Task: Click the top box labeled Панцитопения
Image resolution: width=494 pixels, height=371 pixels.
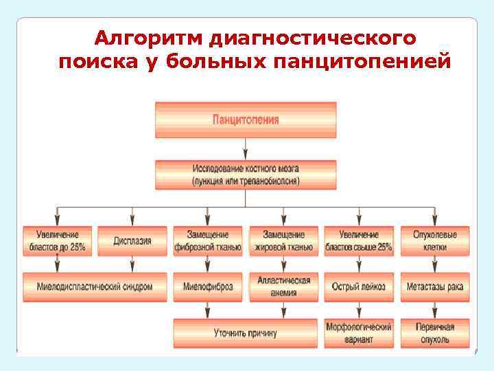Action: pyautogui.click(x=246, y=120)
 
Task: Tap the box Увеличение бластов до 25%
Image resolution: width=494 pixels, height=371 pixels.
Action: pyautogui.click(x=58, y=241)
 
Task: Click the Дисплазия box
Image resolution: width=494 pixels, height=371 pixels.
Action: pyautogui.click(x=132, y=241)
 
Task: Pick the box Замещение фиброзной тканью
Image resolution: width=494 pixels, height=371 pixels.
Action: pyautogui.click(x=208, y=241)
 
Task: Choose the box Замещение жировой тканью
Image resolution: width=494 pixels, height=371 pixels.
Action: pyautogui.click(x=283, y=241)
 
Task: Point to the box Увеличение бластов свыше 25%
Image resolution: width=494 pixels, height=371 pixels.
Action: pyautogui.click(x=358, y=241)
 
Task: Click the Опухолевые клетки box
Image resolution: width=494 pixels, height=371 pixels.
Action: pyautogui.click(x=435, y=241)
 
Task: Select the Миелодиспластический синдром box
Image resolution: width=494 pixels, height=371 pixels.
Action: pyautogui.click(x=95, y=286)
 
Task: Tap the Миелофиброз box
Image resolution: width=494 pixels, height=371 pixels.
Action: pyautogui.click(x=208, y=286)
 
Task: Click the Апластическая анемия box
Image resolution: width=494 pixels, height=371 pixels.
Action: pyautogui.click(x=283, y=286)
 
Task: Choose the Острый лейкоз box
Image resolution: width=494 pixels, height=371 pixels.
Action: pyautogui.click(x=358, y=286)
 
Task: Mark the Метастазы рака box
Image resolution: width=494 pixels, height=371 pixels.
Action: pyautogui.click(x=435, y=286)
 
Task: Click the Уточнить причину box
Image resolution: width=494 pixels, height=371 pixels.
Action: pyautogui.click(x=246, y=333)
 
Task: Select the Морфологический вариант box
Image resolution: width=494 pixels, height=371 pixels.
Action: pyautogui.click(x=358, y=333)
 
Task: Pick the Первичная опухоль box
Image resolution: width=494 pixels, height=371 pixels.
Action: pyautogui.click(x=435, y=333)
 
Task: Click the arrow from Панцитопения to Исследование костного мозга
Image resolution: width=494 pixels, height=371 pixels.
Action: pyautogui.click(x=246, y=149)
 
